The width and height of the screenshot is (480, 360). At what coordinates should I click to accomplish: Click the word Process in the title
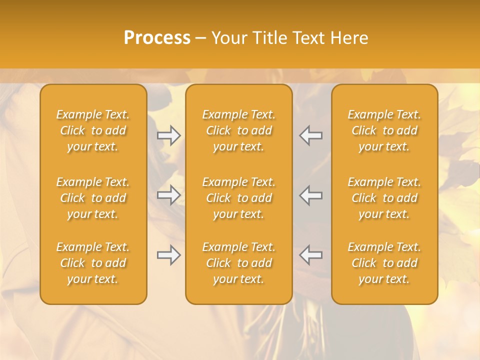point(157,37)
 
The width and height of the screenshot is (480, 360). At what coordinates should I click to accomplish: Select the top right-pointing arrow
point(169,135)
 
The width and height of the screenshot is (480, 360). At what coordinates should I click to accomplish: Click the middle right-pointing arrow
point(169,195)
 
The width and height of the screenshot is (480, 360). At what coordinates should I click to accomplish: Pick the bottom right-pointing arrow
point(169,255)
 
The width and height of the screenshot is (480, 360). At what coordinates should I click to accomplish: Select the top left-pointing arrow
point(310,135)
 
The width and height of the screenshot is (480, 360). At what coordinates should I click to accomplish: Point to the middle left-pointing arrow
point(310,195)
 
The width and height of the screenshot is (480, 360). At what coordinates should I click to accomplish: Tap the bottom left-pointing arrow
point(310,255)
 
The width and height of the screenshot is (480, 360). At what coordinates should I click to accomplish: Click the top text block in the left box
point(93,130)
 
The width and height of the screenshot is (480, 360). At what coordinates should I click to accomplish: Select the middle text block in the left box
point(93,198)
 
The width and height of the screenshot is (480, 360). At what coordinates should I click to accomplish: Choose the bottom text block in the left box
point(93,263)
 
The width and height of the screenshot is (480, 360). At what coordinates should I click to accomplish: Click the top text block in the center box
point(239,130)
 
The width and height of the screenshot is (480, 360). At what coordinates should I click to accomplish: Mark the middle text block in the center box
point(239,198)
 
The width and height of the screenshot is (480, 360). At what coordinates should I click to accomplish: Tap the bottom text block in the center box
point(239,263)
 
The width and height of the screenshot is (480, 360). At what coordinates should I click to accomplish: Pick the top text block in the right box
point(384,130)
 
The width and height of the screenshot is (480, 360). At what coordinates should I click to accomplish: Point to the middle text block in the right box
point(384,198)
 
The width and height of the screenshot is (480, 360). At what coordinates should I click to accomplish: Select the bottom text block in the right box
point(384,263)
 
